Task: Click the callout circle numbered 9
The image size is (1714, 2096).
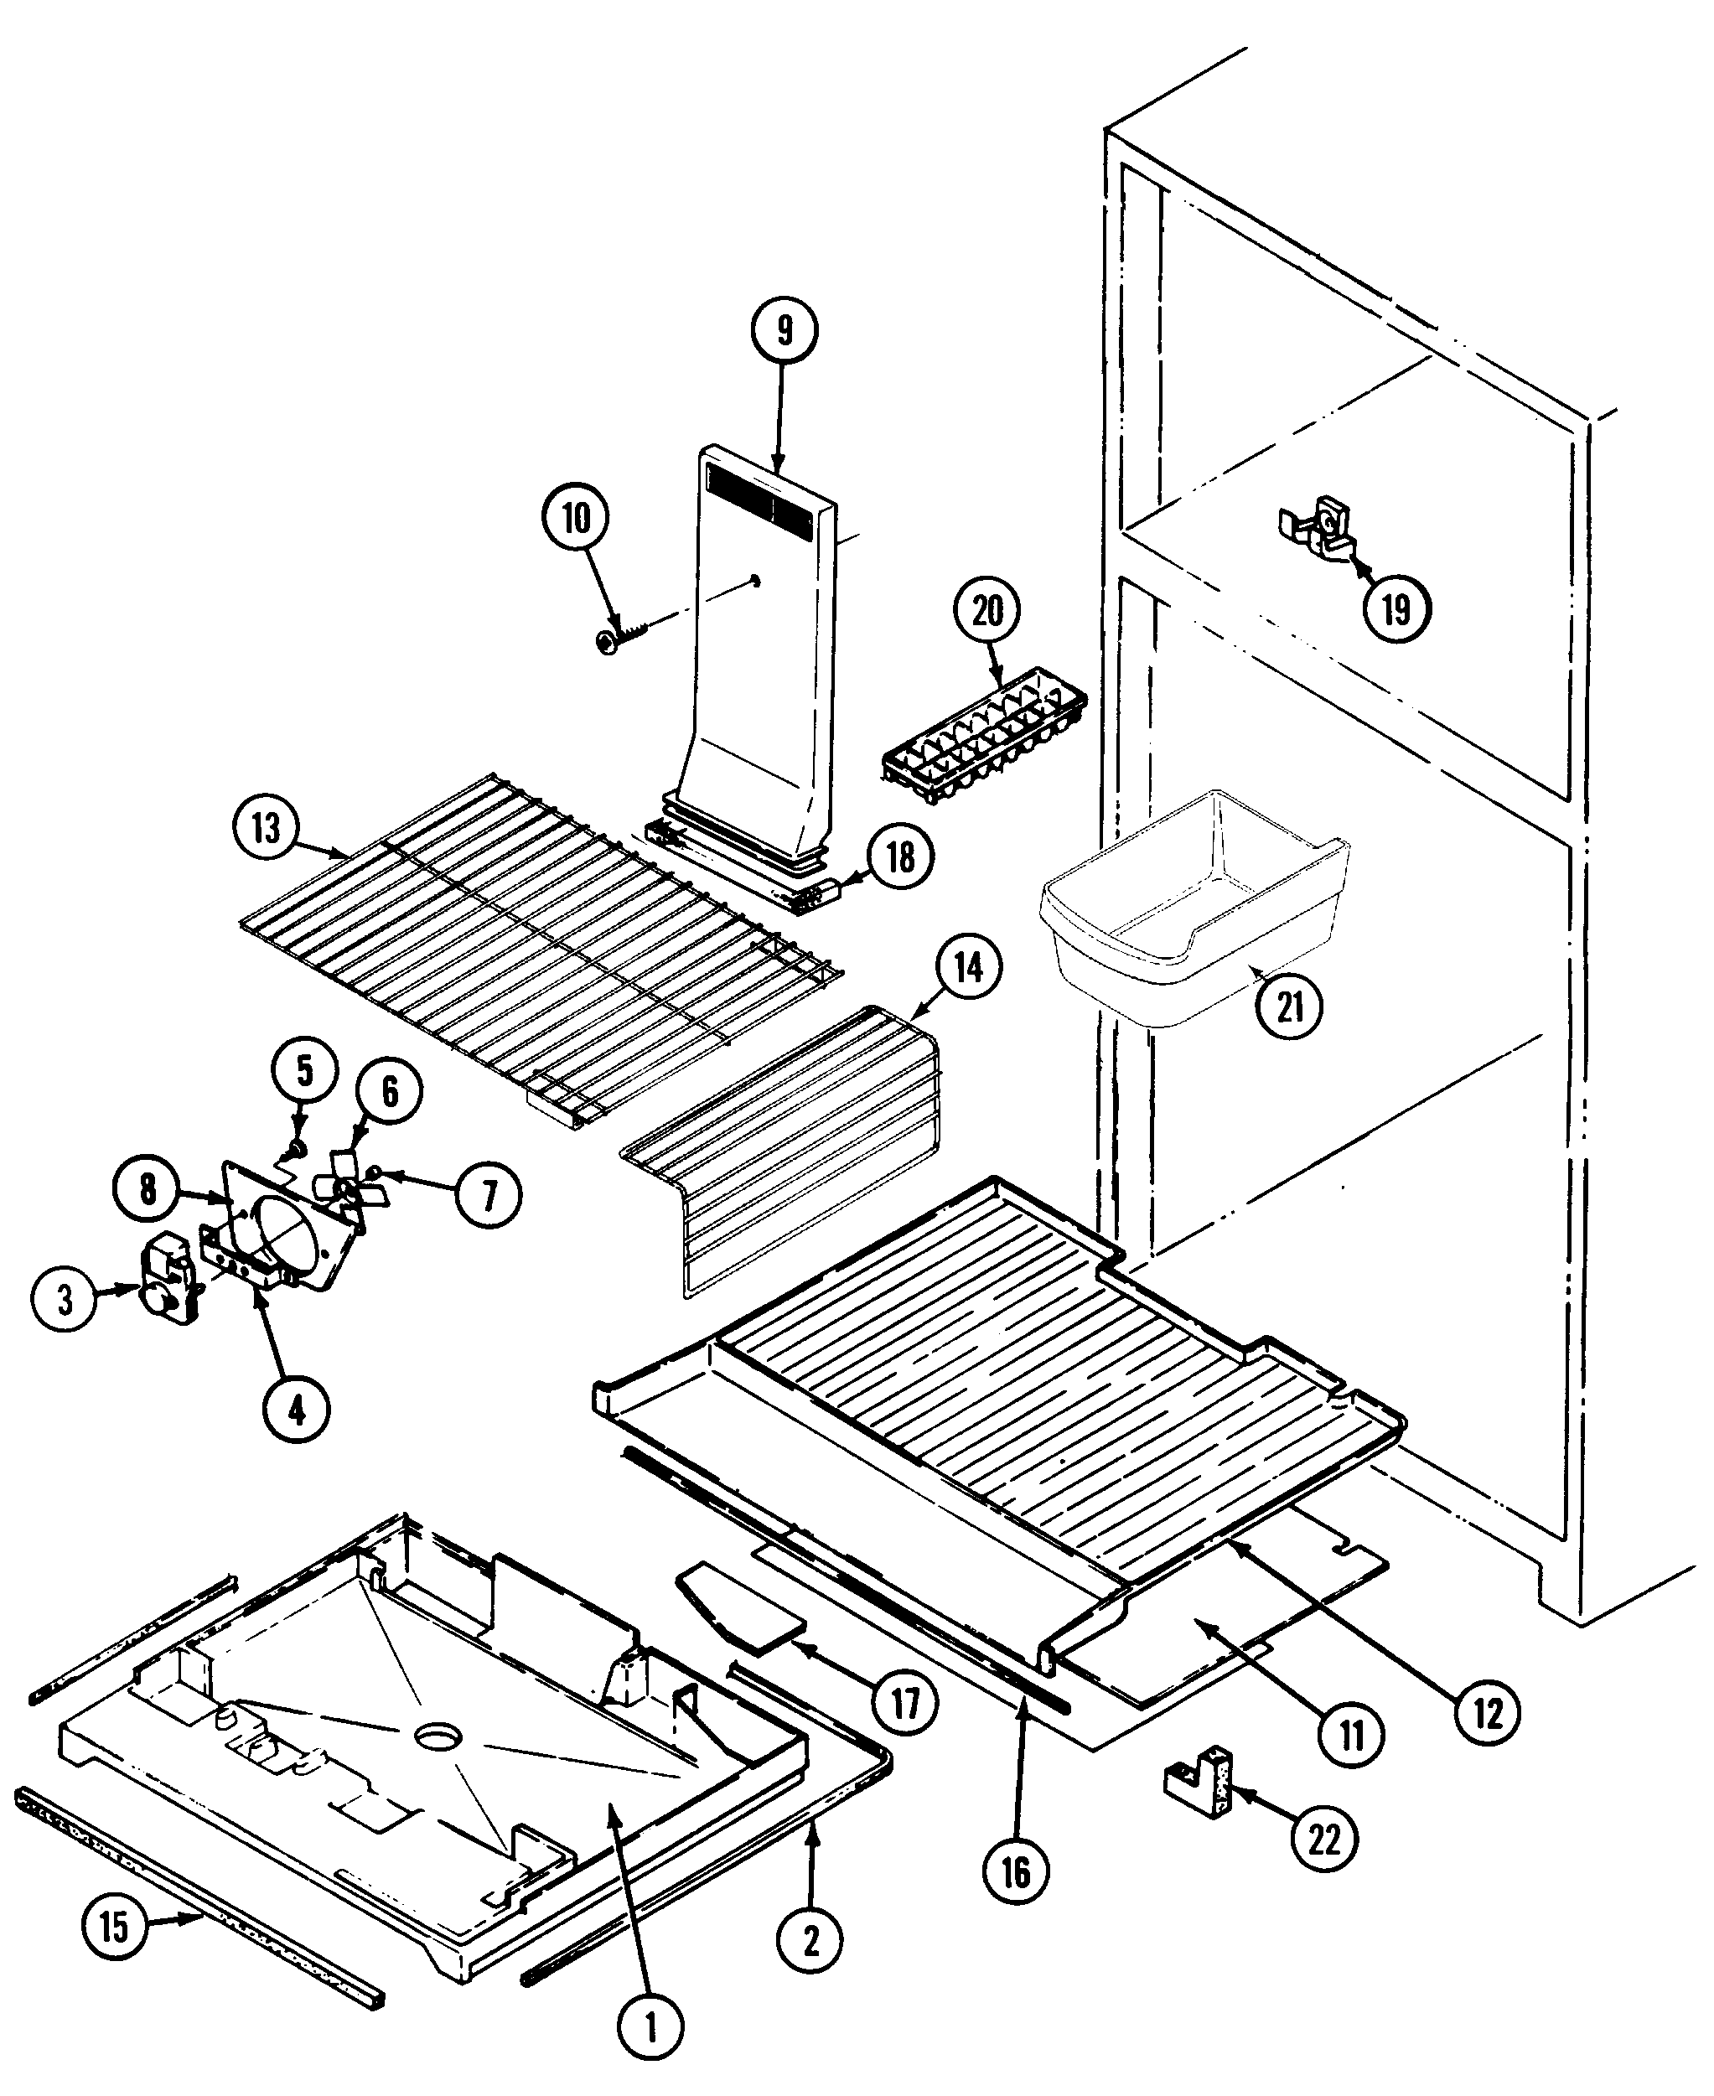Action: (784, 331)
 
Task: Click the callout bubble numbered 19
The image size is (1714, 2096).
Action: (1396, 609)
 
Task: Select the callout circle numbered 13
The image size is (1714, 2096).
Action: (266, 827)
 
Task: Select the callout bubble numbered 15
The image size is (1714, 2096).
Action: (115, 1925)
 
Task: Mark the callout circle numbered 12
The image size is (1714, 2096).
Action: (1487, 1713)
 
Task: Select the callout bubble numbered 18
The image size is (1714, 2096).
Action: (900, 857)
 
